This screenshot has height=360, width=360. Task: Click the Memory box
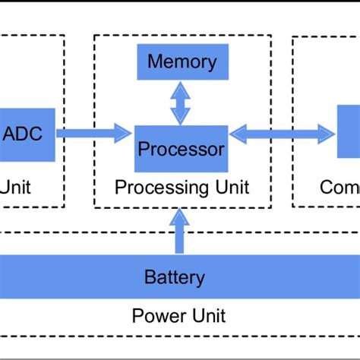click(182, 62)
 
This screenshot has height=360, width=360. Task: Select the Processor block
click(181, 148)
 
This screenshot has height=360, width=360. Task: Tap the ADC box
click(26, 134)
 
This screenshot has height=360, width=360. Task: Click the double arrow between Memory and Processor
click(181, 103)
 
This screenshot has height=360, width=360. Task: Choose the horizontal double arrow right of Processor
click(283, 134)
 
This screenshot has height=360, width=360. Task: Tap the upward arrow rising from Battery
click(179, 233)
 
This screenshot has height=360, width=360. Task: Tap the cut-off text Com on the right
click(339, 187)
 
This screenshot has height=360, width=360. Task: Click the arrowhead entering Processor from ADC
click(124, 134)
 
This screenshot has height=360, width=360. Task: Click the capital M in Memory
click(156, 62)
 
